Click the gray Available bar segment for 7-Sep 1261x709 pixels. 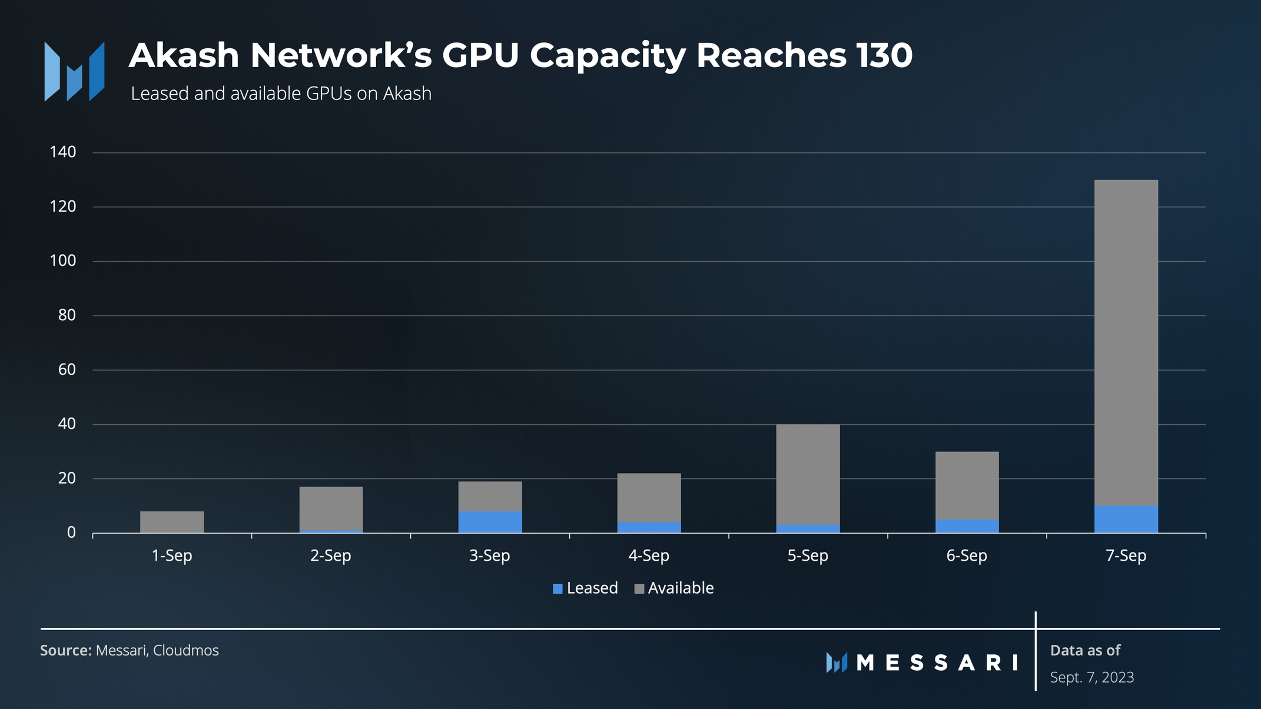click(1126, 342)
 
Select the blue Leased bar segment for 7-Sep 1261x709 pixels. click(1126, 520)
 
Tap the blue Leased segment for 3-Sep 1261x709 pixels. click(490, 522)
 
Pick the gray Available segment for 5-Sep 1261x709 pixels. click(808, 474)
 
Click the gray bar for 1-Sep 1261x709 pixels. click(172, 522)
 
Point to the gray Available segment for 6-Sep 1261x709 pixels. click(967, 486)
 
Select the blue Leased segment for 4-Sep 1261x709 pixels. click(649, 528)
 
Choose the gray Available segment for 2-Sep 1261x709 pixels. click(331, 508)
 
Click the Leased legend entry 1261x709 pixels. click(585, 588)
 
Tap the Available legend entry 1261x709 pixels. click(674, 588)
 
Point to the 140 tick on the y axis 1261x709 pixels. click(63, 152)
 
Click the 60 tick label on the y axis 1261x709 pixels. click(67, 370)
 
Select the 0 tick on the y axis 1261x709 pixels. click(72, 532)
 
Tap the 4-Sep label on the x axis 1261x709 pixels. click(649, 555)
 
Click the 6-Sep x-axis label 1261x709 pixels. click(967, 555)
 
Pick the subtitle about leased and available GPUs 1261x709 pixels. click(281, 94)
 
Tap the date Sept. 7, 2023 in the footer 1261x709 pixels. click(1092, 677)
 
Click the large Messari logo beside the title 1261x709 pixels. click(74, 71)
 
